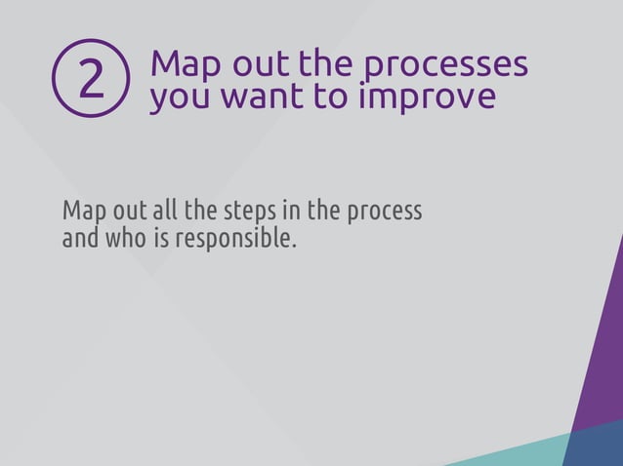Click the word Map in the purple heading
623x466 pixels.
click(183, 64)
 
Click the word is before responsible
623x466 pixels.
click(161, 237)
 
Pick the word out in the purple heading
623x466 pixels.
click(259, 64)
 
